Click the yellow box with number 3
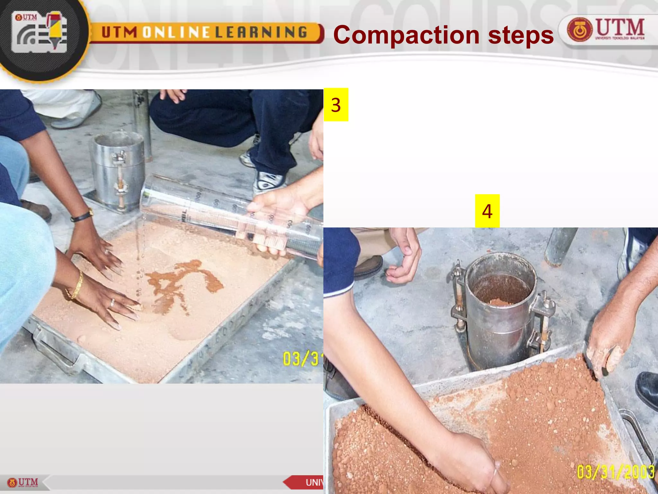pos(336,105)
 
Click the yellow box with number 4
pos(487,211)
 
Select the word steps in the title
pos(521,35)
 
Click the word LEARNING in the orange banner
pos(261,32)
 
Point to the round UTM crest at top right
pos(579,30)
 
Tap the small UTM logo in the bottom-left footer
pos(23,482)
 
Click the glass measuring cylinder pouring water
pos(231,215)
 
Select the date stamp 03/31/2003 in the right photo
pos(615,472)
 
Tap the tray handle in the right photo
pos(638,431)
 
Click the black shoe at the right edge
pos(647,389)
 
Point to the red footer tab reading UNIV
pos(305,482)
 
